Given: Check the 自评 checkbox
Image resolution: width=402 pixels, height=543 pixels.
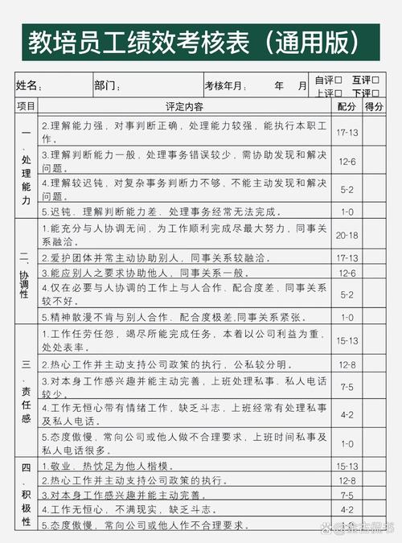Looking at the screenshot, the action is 338,80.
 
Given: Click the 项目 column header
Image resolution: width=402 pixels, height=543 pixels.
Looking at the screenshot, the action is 26,106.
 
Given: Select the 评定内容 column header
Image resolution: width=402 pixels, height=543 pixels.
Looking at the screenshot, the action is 184,106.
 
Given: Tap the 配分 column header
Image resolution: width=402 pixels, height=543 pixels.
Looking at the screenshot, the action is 347,106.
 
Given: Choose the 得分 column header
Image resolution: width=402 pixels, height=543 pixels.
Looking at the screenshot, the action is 374,106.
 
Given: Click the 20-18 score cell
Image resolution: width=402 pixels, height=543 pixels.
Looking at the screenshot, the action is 347,235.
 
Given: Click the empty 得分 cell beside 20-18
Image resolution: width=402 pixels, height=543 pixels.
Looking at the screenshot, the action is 374,235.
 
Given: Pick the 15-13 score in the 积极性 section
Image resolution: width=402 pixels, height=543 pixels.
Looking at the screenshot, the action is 347,466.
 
